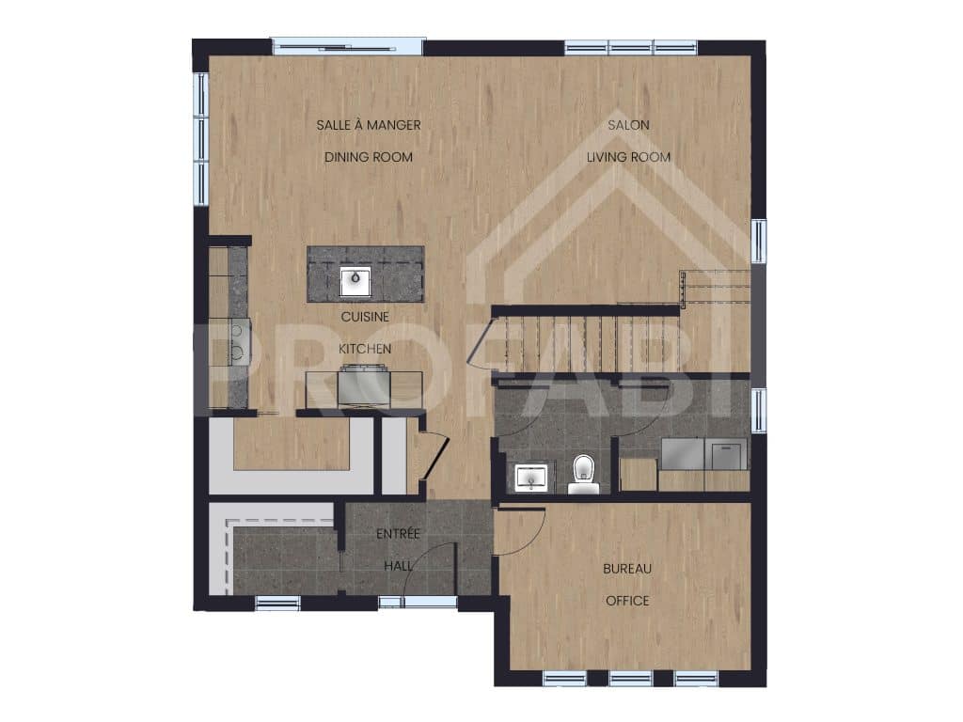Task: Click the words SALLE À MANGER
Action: coord(368,124)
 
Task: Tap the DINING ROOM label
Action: coord(368,157)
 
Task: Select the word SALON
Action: coord(628,124)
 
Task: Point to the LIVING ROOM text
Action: coord(628,157)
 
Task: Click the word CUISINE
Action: coord(365,317)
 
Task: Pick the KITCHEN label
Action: coord(365,349)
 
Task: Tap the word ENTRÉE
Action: coord(398,534)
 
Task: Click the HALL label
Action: coord(398,567)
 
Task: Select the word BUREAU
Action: coord(627,568)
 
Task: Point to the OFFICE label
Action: coord(627,600)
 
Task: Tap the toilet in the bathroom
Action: coord(583,469)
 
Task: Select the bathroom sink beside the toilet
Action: coord(533,479)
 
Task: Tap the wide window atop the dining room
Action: coord(347,46)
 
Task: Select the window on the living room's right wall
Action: coord(758,241)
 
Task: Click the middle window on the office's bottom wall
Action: coord(630,678)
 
